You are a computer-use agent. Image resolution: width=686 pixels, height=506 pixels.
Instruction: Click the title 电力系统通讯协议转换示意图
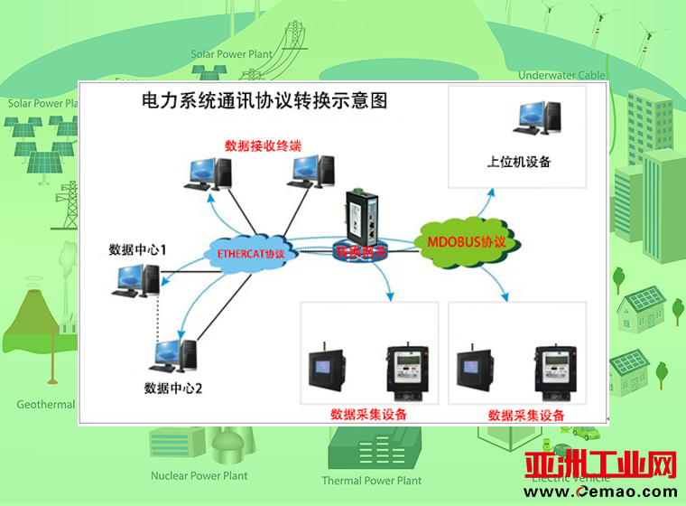click(x=264, y=100)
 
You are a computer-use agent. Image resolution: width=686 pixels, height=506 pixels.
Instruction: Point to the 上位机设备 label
click(x=518, y=163)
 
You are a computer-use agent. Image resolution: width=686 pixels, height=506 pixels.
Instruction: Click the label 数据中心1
click(x=137, y=248)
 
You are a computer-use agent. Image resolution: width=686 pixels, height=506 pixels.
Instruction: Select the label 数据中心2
click(x=172, y=389)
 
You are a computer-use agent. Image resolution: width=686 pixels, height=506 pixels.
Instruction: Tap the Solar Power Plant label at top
click(x=231, y=54)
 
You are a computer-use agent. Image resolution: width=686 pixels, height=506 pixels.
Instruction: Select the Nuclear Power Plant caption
click(x=199, y=475)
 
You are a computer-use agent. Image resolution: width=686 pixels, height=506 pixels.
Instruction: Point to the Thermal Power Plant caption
click(x=371, y=481)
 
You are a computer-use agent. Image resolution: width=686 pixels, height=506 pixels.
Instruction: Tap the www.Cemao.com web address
click(x=608, y=492)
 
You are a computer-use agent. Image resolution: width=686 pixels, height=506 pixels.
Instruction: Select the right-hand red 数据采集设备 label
click(x=526, y=416)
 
